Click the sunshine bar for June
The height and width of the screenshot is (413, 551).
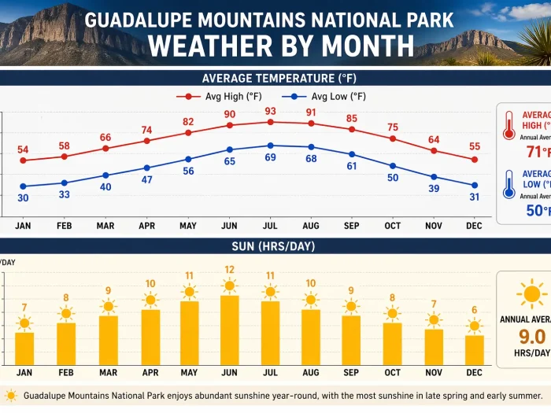click(229, 330)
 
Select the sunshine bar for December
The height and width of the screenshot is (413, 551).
click(474, 349)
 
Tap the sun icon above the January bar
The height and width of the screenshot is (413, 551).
click(24, 323)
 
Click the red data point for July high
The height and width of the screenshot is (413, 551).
click(270, 122)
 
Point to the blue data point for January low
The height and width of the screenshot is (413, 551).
click(24, 186)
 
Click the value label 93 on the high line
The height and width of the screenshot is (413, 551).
click(270, 111)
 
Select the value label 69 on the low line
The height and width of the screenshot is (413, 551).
click(270, 157)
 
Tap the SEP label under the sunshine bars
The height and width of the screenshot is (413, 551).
click(351, 372)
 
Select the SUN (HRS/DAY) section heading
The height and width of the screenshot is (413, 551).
click(273, 246)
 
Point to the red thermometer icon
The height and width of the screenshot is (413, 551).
click(508, 124)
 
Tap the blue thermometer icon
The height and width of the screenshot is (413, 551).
click(508, 183)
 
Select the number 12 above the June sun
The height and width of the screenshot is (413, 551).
click(229, 270)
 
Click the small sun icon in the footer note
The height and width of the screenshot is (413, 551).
click(11, 396)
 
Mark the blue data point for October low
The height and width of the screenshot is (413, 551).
click(392, 166)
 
